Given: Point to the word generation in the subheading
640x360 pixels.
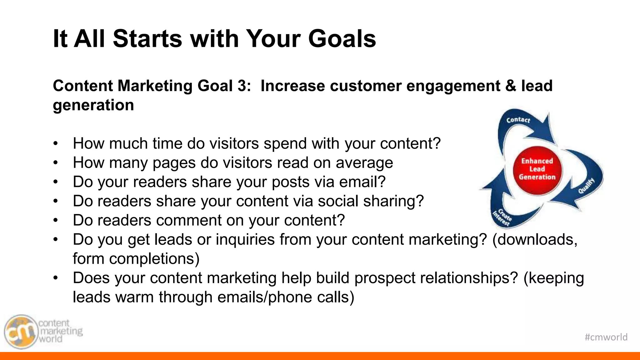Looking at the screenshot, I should click(93, 105).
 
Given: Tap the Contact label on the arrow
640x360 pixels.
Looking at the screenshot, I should click(518, 120).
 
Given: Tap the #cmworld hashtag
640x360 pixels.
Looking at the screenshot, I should click(606, 337).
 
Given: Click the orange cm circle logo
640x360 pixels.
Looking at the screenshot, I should click(21, 332).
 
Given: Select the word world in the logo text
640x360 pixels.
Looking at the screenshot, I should click(50, 339).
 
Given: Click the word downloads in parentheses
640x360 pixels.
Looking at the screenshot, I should click(535, 240).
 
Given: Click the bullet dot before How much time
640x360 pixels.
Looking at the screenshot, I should click(56, 144).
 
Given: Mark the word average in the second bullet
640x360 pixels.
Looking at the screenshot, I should click(364, 163).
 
